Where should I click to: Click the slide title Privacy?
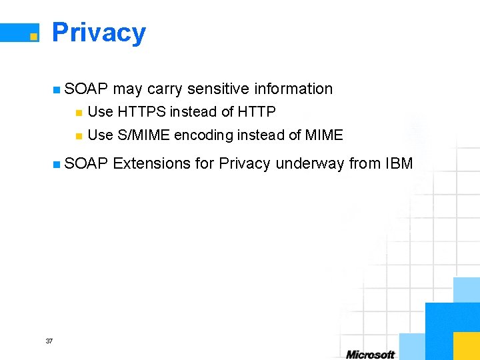(99, 33)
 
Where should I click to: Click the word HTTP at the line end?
(257, 112)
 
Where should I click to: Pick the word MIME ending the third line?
(323, 135)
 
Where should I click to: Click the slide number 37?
(49, 341)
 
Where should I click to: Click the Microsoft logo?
(370, 354)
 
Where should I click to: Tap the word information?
(295, 89)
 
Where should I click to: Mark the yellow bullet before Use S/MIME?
(78, 136)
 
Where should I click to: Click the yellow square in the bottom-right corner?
(466, 346)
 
